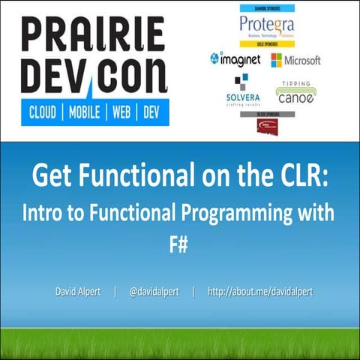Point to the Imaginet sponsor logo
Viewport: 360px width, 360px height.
coord(235,58)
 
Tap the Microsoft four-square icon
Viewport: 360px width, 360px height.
coord(277,60)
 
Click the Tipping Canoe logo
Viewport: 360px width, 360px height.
coord(294,92)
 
